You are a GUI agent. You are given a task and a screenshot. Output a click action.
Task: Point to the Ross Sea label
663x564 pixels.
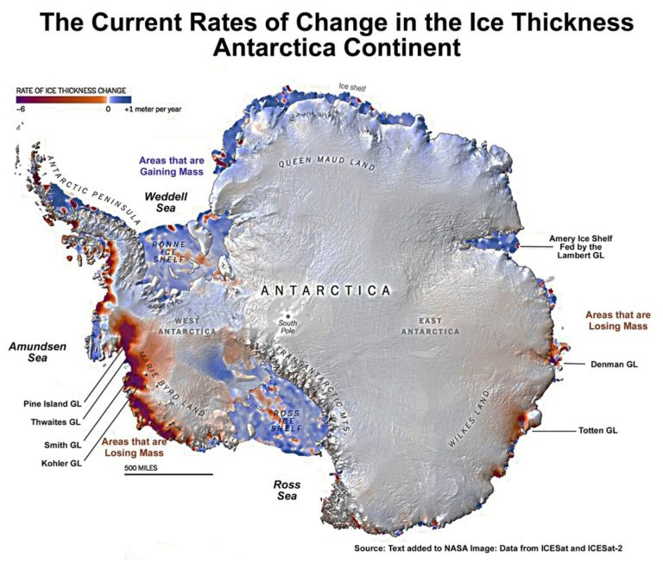286,491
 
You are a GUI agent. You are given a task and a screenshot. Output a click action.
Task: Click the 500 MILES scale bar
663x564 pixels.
167,473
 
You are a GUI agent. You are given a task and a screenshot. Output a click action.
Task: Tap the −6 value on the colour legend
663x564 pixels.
22,110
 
